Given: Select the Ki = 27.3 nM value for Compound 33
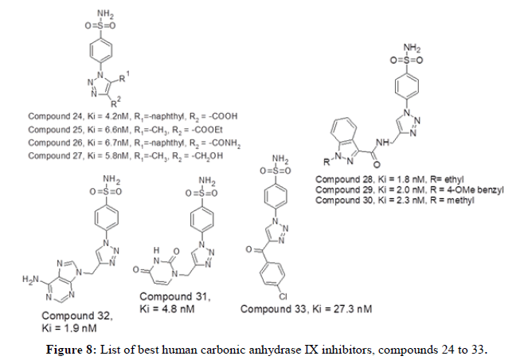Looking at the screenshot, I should click(338, 309).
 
